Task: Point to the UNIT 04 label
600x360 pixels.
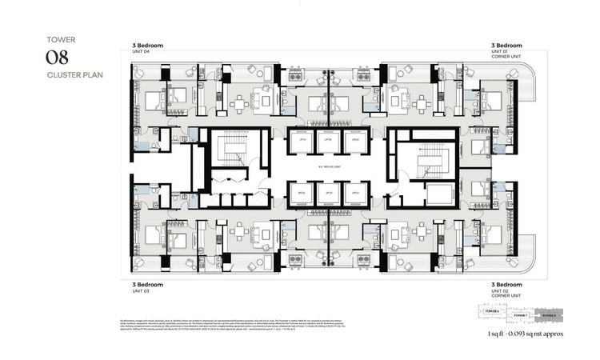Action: click(141, 52)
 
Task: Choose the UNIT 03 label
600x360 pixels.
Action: click(141, 290)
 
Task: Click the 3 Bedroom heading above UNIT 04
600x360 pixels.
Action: click(147, 46)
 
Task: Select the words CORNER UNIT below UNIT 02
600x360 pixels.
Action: click(505, 295)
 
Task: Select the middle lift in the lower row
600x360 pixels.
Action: click(327, 194)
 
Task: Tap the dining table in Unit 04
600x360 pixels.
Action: click(241, 102)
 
